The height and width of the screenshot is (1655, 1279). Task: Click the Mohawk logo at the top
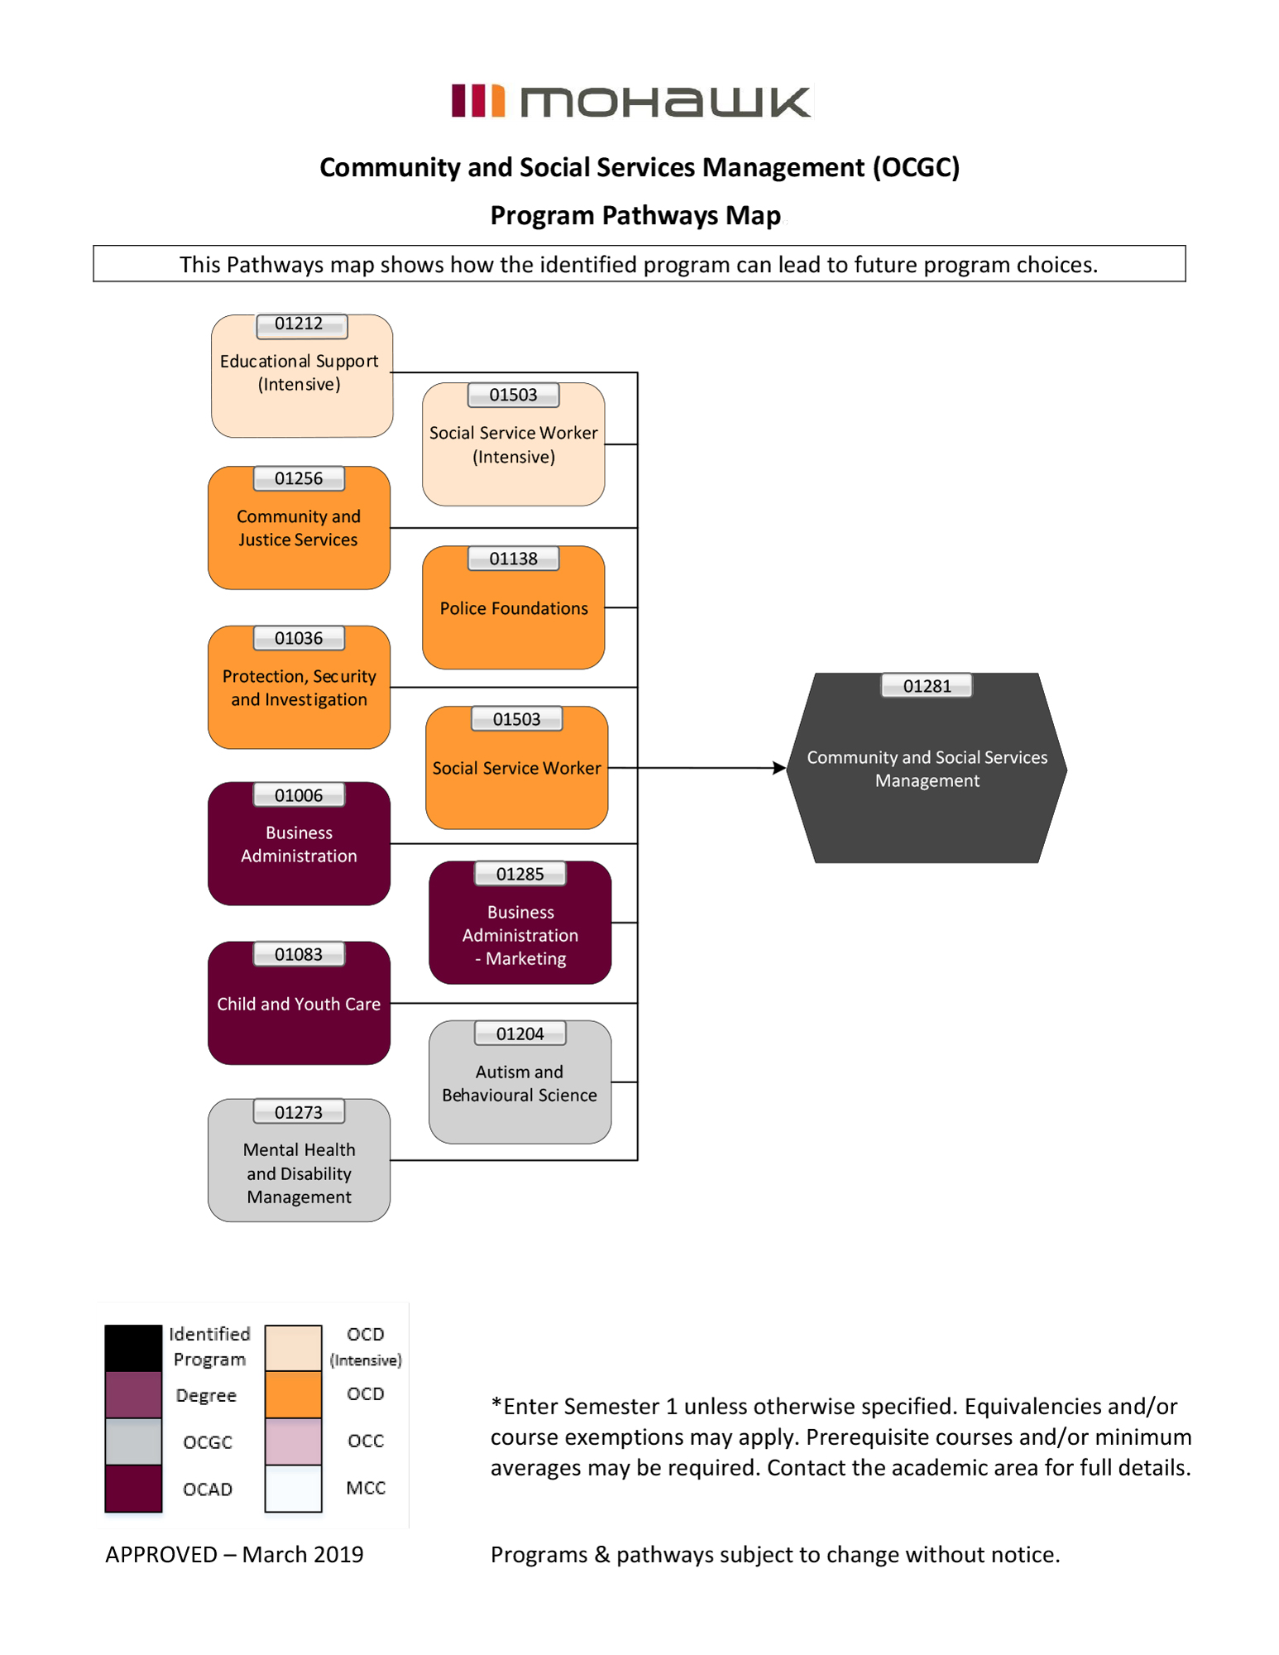pyautogui.click(x=631, y=102)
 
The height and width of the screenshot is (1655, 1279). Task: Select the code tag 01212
pyautogui.click(x=299, y=324)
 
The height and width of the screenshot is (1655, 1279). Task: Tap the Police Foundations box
pyautogui.click(x=513, y=608)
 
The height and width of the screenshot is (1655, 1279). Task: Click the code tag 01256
pyautogui.click(x=299, y=479)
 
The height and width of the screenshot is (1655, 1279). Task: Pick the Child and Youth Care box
pyautogui.click(x=299, y=1004)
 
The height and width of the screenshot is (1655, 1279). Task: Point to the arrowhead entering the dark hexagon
pyautogui.click(x=779, y=768)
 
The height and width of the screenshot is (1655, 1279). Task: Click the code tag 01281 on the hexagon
pyautogui.click(x=927, y=686)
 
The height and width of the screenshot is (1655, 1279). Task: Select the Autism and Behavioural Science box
pyautogui.click(x=520, y=1083)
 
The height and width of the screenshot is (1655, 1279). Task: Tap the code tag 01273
pyautogui.click(x=299, y=1112)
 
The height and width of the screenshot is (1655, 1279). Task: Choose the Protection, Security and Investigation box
pyautogui.click(x=299, y=688)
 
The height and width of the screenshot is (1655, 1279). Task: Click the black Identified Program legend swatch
pyautogui.click(x=133, y=1347)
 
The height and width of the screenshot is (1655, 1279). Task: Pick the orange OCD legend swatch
pyautogui.click(x=293, y=1394)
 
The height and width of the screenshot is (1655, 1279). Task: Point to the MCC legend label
pyautogui.click(x=366, y=1488)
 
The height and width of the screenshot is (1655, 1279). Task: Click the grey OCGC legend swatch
pyautogui.click(x=133, y=1442)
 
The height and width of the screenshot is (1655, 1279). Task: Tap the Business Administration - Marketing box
pyautogui.click(x=520, y=935)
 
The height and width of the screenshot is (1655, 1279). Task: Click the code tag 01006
pyautogui.click(x=299, y=795)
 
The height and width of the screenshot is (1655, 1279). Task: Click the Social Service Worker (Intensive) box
pyautogui.click(x=513, y=445)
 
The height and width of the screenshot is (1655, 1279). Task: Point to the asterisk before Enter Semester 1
pyautogui.click(x=496, y=1404)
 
